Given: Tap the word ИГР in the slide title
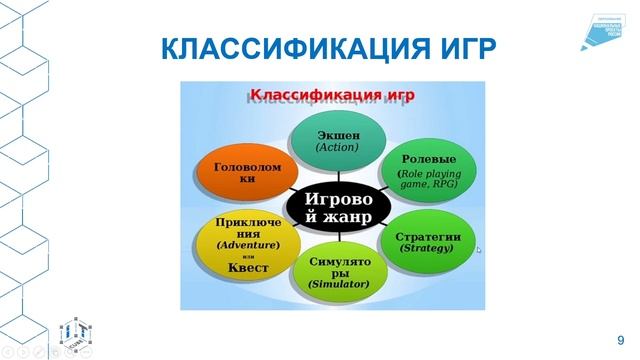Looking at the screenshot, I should click(x=460, y=50).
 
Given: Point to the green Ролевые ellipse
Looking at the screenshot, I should click(x=429, y=171).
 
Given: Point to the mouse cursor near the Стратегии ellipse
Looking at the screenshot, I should click(x=479, y=249).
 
